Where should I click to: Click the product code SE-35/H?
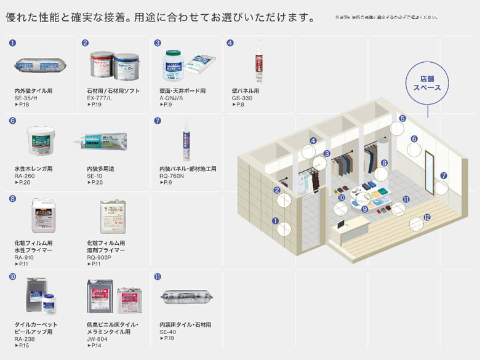(26, 98)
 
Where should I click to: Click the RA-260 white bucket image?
(41, 140)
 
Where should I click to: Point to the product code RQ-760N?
(172, 176)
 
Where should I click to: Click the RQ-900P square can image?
(113, 216)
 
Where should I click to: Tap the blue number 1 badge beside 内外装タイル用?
(12, 43)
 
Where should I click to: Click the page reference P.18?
(22, 105)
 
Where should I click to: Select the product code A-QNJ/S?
(171, 98)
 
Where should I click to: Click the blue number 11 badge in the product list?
(158, 277)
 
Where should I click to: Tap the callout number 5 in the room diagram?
(402, 118)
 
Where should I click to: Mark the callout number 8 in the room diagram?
(384, 163)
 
